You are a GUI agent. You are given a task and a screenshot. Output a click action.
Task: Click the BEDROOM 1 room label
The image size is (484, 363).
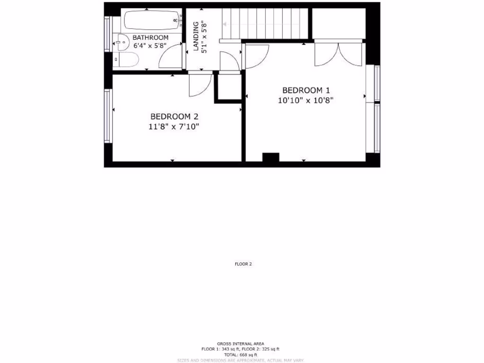[x=306, y=90]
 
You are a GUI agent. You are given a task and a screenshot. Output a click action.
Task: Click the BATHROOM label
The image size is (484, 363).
[x=150, y=38]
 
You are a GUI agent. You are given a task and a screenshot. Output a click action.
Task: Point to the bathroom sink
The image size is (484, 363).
[x=121, y=43]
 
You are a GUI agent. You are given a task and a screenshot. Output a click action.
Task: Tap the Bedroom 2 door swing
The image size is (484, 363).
[x=199, y=85]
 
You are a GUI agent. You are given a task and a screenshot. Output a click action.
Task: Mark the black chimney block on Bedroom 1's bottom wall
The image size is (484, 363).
[x=270, y=157]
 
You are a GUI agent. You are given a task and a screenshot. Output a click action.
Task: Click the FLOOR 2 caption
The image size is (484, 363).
[x=243, y=264]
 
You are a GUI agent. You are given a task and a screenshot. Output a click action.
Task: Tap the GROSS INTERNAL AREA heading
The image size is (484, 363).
[x=241, y=344]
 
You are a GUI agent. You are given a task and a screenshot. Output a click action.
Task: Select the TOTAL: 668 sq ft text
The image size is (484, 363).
[x=241, y=354]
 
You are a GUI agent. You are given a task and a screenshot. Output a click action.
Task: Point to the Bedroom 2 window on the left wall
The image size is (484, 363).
[x=108, y=116]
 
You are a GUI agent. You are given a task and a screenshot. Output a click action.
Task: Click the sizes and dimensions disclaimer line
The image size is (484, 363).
[x=241, y=360]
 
